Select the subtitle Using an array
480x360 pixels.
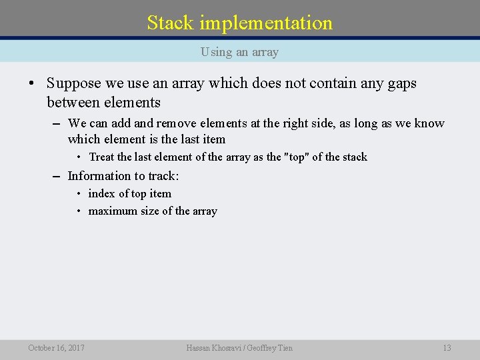(x=239, y=52)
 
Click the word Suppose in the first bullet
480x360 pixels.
(x=73, y=84)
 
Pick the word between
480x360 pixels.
(x=73, y=103)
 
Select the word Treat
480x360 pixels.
(x=102, y=157)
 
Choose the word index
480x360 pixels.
(x=101, y=194)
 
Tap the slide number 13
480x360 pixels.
(x=447, y=348)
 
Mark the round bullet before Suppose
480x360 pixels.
(x=31, y=85)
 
